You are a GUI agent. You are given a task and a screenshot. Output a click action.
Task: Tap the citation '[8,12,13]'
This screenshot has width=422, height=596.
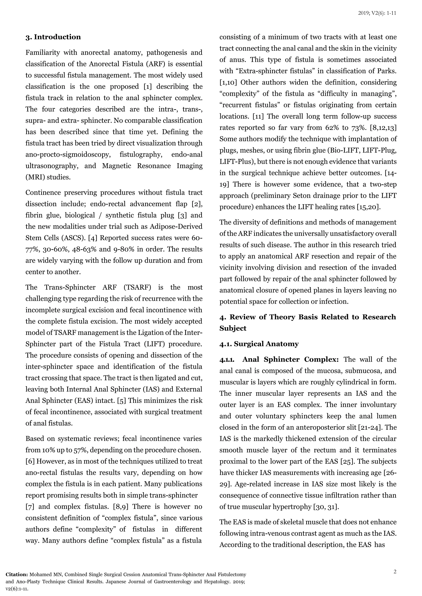384,128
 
